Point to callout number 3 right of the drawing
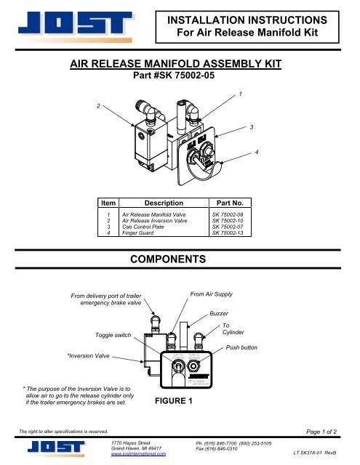[x=251, y=127]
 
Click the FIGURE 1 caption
[x=175, y=400]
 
